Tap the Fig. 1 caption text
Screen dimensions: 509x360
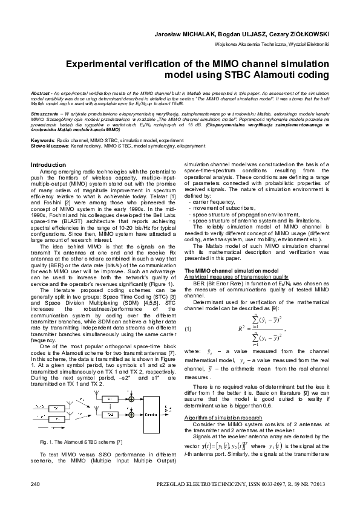click(x=81, y=443)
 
